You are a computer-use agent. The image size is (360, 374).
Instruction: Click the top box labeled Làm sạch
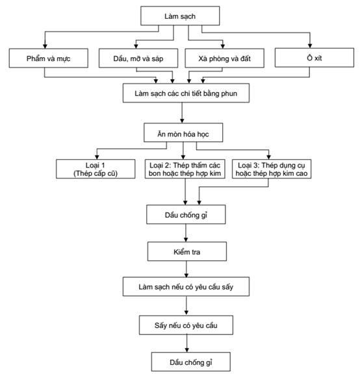[180, 16]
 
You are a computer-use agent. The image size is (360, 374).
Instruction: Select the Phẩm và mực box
[49, 58]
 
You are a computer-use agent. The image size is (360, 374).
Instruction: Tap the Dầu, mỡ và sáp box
[138, 58]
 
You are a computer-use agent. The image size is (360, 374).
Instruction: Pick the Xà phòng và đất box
[224, 58]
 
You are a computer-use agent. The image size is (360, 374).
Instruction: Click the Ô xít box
[314, 58]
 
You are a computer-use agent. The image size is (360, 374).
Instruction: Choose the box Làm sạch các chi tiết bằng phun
[186, 93]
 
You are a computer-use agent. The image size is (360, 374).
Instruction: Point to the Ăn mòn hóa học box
[183, 132]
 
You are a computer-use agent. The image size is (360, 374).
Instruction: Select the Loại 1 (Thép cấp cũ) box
[96, 169]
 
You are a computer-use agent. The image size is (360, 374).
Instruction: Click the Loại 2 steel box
[185, 169]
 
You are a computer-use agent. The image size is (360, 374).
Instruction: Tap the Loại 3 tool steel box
[272, 169]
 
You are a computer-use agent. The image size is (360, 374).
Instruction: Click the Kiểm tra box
[187, 251]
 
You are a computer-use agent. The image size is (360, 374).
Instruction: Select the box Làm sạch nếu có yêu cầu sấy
[186, 286]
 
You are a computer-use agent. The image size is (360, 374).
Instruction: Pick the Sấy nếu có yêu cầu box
[186, 325]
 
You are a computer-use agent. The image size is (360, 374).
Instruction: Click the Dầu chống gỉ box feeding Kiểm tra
[186, 214]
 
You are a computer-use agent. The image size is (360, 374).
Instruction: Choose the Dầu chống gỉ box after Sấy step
[191, 362]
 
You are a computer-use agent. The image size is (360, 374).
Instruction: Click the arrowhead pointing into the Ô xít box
[310, 45]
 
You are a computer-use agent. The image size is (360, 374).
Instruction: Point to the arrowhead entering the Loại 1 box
[97, 157]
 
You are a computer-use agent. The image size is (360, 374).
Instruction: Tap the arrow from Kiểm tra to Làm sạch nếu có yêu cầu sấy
[186, 269]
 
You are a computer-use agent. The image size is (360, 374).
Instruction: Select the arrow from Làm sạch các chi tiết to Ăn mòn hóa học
[182, 113]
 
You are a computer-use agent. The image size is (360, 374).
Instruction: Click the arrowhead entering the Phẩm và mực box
[45, 46]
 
